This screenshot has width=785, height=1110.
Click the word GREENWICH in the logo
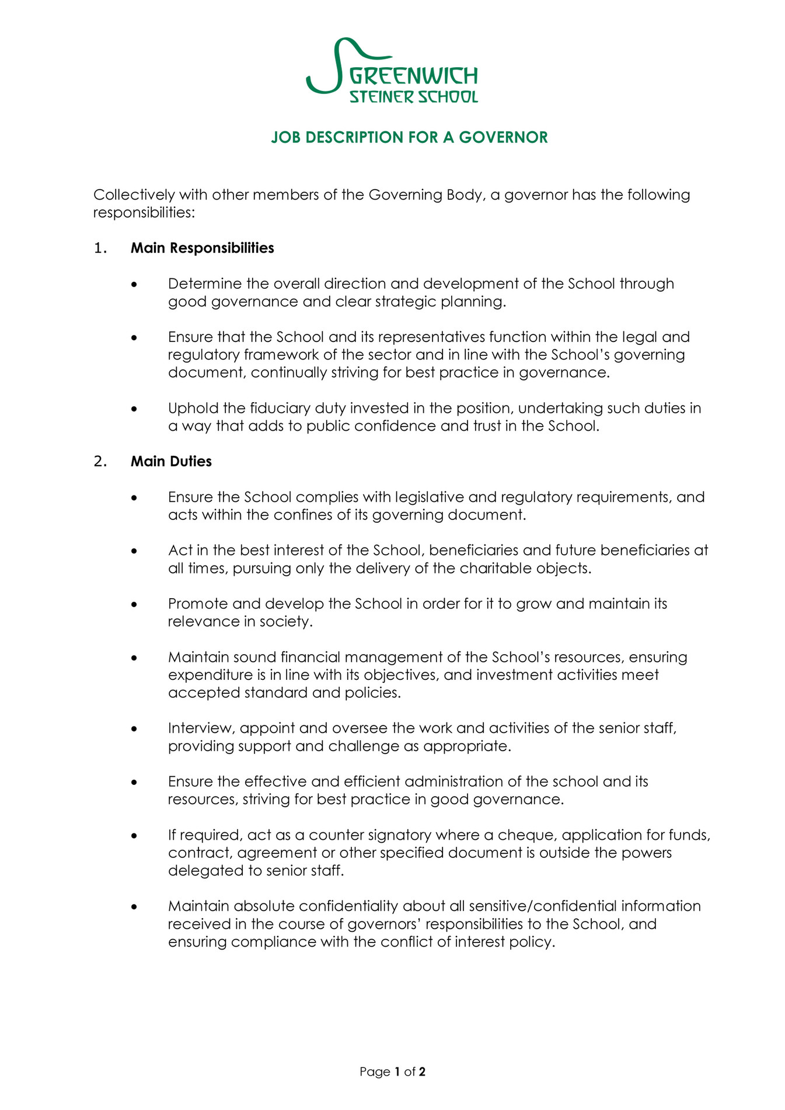click(413, 76)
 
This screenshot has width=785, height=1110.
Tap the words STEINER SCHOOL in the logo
click(413, 97)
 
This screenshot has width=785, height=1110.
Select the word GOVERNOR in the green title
click(503, 138)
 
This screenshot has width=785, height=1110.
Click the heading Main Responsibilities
click(202, 248)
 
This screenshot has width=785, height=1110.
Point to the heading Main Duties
click(171, 462)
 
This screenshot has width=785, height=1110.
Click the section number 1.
click(100, 248)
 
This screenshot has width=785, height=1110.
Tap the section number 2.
click(100, 462)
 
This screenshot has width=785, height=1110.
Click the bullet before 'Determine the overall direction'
click(134, 285)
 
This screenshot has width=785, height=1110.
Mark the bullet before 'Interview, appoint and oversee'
click(134, 729)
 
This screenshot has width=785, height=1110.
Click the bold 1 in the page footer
click(397, 1072)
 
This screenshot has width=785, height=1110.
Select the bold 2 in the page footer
click(422, 1072)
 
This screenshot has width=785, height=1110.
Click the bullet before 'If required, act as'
click(134, 836)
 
